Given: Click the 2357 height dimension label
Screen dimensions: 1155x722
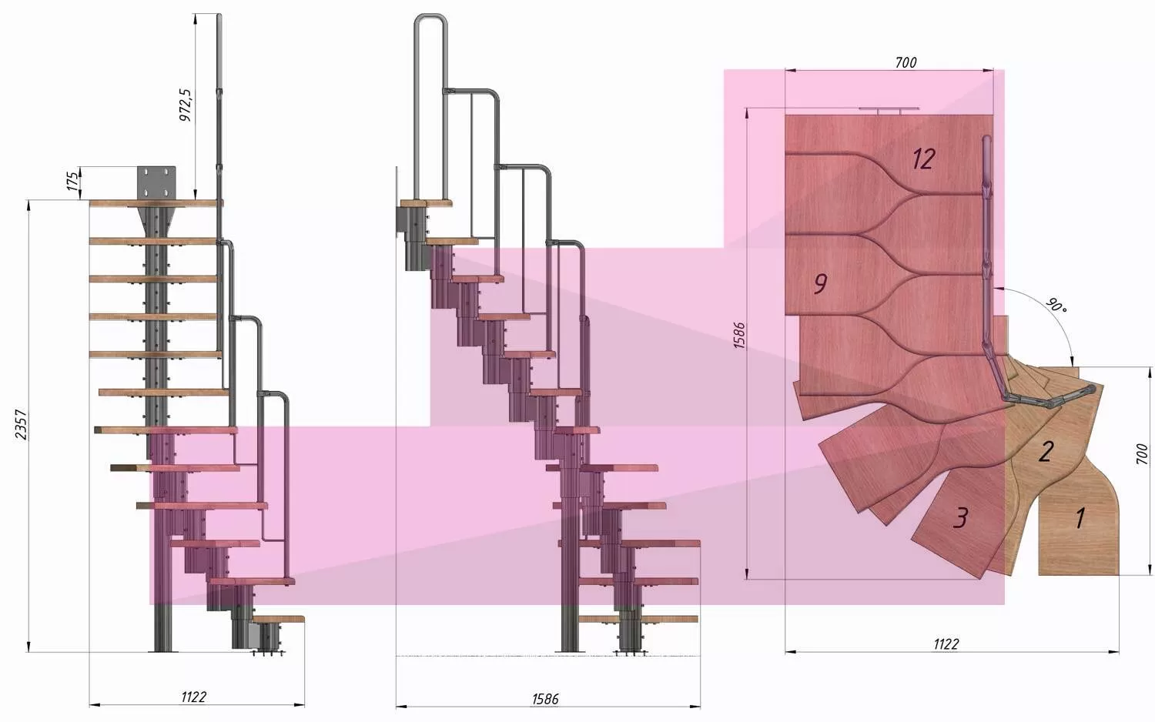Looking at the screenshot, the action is (x=21, y=425).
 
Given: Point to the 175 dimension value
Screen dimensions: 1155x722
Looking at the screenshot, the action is (x=73, y=182).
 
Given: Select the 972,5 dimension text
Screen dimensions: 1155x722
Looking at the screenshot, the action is (x=185, y=105).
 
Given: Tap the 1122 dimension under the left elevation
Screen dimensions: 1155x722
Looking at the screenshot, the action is (x=194, y=697).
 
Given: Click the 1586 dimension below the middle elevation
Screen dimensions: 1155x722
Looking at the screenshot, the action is (x=545, y=699).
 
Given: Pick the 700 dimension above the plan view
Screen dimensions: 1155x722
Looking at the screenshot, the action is (x=906, y=62).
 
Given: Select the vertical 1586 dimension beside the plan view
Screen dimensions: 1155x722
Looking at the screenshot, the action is (x=739, y=336).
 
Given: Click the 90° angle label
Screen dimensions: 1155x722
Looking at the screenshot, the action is (x=1056, y=306).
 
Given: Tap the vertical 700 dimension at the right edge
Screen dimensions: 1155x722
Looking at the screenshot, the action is (x=1142, y=453).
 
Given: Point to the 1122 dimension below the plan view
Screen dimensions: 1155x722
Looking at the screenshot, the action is (x=946, y=644).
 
